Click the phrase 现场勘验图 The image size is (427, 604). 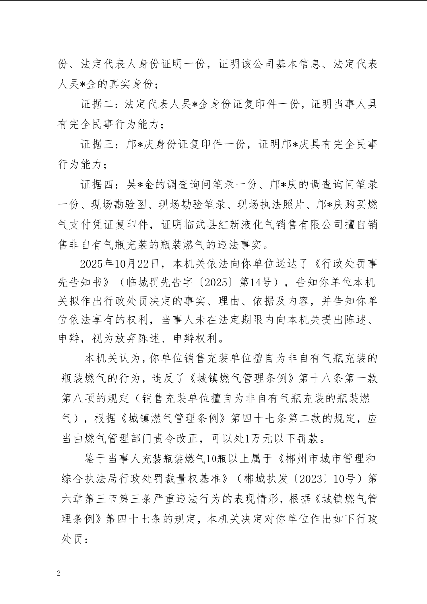(x=119, y=205)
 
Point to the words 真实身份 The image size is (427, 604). (x=137, y=84)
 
